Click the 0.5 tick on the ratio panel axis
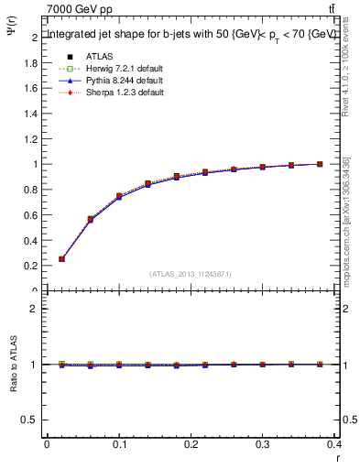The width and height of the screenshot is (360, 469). pyautogui.click(x=33, y=420)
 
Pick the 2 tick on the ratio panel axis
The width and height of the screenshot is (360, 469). pyautogui.click(x=37, y=309)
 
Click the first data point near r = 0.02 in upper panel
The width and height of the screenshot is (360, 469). pyautogui.click(x=61, y=259)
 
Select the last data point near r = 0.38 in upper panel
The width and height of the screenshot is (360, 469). pyautogui.click(x=320, y=164)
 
